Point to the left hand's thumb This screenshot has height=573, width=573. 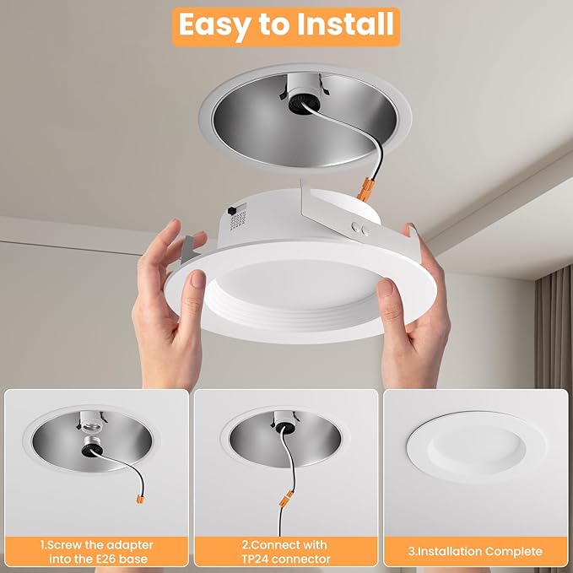(197, 291)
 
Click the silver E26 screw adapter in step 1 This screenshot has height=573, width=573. (91, 430)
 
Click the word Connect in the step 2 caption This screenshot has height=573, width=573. (266, 543)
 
